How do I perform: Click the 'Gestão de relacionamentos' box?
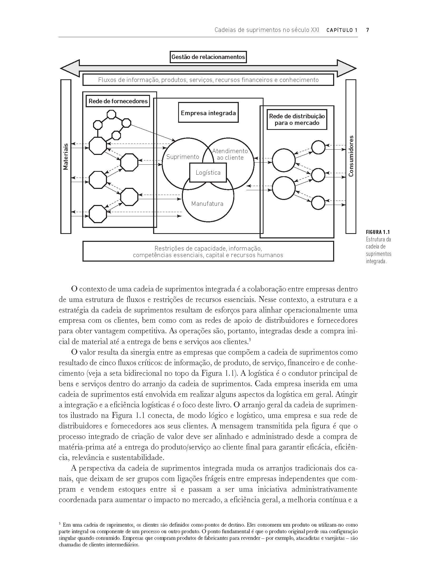[x=208, y=57]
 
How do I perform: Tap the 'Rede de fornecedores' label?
[x=118, y=101]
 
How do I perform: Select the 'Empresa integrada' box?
[x=208, y=113]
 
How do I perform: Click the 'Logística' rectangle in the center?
[x=208, y=173]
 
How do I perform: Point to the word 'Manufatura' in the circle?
[x=207, y=204]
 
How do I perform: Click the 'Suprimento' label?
[x=182, y=157]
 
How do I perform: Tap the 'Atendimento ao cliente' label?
[x=230, y=154]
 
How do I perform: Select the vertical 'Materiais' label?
[x=66, y=156]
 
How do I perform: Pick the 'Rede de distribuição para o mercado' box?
[x=297, y=120]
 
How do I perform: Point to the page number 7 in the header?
[x=367, y=30]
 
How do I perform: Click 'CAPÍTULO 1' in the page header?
[x=342, y=30]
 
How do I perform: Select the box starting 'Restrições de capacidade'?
[x=208, y=252]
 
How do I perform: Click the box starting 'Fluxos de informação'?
[x=208, y=80]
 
